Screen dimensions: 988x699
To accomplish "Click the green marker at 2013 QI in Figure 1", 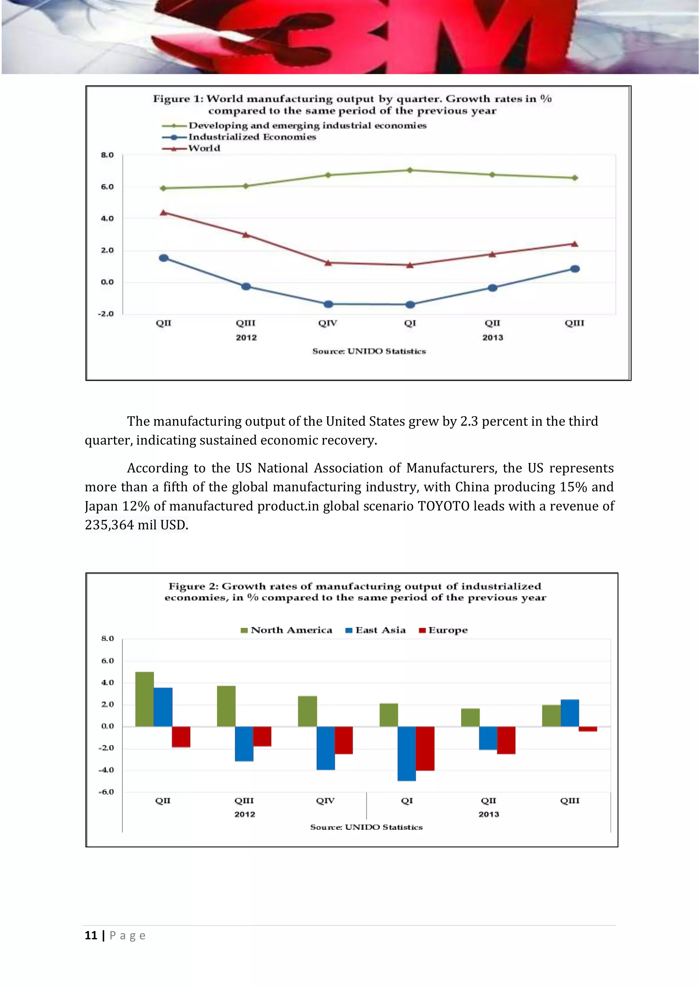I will pos(410,170).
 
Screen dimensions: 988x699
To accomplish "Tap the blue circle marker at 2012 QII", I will pos(164,258).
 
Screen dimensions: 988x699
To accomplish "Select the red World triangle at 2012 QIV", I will pos(328,263).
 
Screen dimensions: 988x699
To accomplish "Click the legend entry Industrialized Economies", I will pos(252,137).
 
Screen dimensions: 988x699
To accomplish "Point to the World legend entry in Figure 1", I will pos(204,148).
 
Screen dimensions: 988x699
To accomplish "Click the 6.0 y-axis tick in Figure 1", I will pos(107,187).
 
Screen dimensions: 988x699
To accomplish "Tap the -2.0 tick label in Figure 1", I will pos(106,314).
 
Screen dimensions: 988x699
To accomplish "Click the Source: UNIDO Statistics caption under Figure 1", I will pos(369,351).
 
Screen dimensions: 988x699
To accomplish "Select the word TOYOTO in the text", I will pos(443,506).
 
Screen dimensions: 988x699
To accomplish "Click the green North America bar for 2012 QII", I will pos(144,699).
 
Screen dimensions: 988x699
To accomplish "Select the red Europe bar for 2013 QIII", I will pos(588,729).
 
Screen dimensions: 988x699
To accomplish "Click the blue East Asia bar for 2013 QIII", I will pos(570,713).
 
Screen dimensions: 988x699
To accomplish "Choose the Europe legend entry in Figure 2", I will pos(447,630).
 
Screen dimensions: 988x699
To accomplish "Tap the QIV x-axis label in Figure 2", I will pos(325,801).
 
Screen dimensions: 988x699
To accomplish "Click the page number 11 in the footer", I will pos(91,935).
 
